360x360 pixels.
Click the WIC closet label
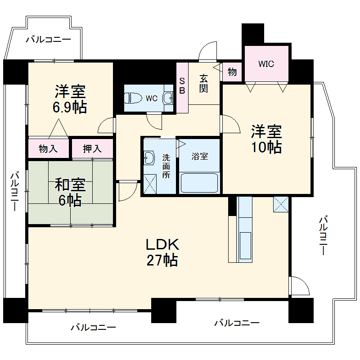coord(265,63)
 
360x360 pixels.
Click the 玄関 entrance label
coord(203,83)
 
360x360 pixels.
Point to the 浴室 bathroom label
coord(199,157)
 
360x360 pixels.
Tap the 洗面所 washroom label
coord(166,166)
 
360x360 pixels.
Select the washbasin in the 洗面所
coord(149,157)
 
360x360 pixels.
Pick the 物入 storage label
coord(48,149)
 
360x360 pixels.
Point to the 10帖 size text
coord(266,147)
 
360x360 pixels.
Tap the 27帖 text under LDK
coord(162,260)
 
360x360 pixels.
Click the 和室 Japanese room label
coord(70,184)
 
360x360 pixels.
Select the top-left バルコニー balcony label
coord(48,40)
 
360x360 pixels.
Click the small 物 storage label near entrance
coord(232,72)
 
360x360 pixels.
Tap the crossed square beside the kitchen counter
coord(280,204)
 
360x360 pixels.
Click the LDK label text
coord(162,244)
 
